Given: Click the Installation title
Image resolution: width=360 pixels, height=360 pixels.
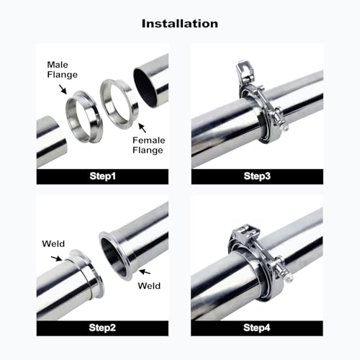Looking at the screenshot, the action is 180,24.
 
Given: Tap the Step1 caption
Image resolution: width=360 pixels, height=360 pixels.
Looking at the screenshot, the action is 102,176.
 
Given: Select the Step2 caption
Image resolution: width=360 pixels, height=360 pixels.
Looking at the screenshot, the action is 102,328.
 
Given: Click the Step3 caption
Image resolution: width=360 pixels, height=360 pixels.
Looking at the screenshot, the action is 257,176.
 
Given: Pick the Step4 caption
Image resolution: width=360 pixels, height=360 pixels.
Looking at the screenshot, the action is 257,328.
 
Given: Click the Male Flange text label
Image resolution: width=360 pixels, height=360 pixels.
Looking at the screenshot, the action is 62,70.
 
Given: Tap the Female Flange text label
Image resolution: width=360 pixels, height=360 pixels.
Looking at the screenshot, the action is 149,145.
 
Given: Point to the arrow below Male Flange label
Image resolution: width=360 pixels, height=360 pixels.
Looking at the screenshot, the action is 63,89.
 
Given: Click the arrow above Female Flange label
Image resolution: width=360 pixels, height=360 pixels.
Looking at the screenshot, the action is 143,127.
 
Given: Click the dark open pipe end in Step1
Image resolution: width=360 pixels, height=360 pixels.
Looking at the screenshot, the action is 145,88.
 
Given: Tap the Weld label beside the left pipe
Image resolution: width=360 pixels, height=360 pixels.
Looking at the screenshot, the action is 53,244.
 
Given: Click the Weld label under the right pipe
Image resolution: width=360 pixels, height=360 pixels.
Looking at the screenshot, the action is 149,286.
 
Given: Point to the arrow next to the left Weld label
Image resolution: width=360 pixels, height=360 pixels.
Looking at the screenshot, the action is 56,258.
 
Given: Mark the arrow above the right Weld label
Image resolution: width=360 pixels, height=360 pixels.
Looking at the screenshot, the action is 145,271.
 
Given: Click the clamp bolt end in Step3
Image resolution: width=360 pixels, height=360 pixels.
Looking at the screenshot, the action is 285,128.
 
